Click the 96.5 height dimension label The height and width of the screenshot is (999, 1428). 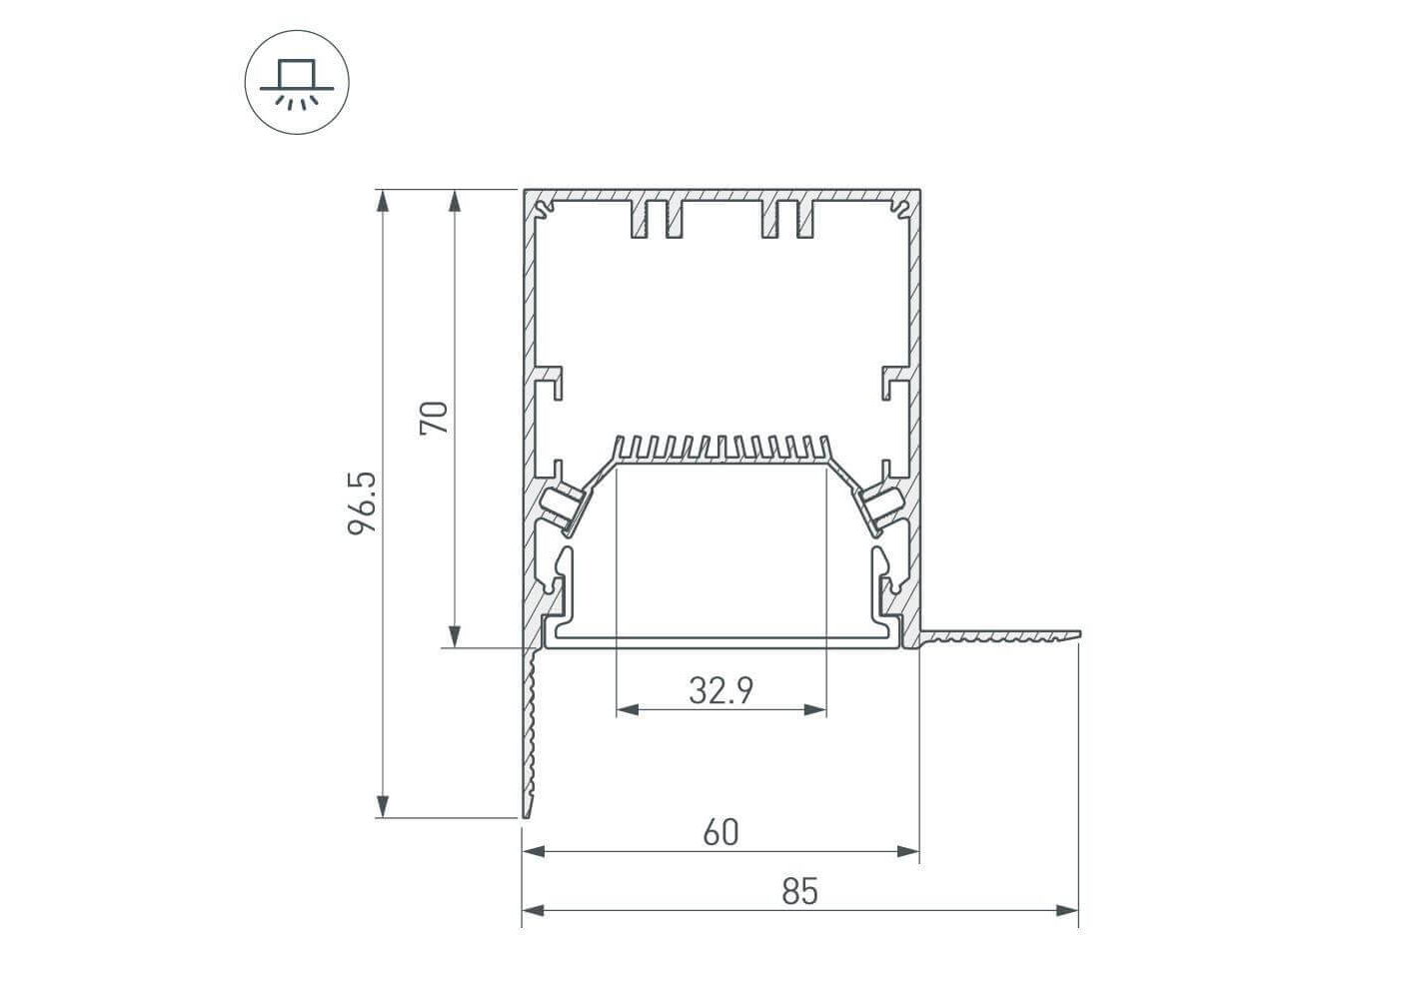coord(362,503)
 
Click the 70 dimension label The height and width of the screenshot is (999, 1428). coord(434,418)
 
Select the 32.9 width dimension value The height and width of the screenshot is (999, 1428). coord(721,690)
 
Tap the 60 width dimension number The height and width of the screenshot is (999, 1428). coord(721,832)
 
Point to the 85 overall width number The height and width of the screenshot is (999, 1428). coord(800,891)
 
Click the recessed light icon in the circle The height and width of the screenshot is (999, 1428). coord(297,82)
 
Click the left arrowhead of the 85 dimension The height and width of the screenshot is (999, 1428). coord(534,910)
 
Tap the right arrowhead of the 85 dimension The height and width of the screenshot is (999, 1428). coord(1067,910)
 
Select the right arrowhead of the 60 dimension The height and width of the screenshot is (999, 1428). coord(907,851)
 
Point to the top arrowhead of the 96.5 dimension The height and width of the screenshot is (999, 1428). coord(383,201)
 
